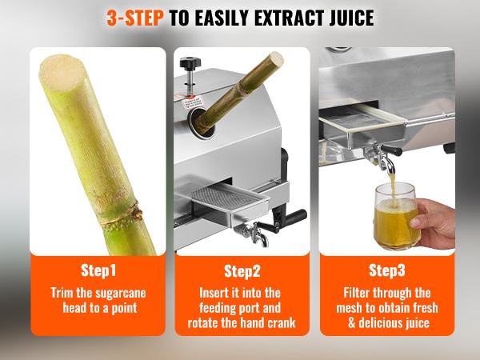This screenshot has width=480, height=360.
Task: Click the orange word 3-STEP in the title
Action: click(x=135, y=18)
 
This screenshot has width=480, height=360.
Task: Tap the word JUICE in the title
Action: click(x=352, y=18)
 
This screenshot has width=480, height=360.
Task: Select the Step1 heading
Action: click(x=98, y=270)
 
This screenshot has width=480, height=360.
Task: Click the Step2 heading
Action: click(x=242, y=271)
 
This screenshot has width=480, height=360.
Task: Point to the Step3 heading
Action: click(x=387, y=270)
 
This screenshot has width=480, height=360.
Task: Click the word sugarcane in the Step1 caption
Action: click(x=121, y=294)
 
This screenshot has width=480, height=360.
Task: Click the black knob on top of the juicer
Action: click(x=190, y=62)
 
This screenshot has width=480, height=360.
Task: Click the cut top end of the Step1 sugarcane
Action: click(x=61, y=72)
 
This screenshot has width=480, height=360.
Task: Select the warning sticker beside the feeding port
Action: click(x=190, y=102)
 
